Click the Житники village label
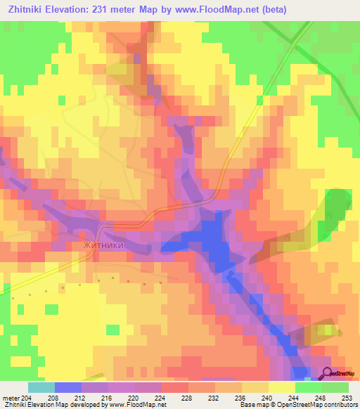coord(105,246)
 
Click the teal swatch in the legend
coord(41,387)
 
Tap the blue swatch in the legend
coord(68,387)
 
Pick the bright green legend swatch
coord(308,387)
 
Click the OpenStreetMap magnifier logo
coord(328,374)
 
